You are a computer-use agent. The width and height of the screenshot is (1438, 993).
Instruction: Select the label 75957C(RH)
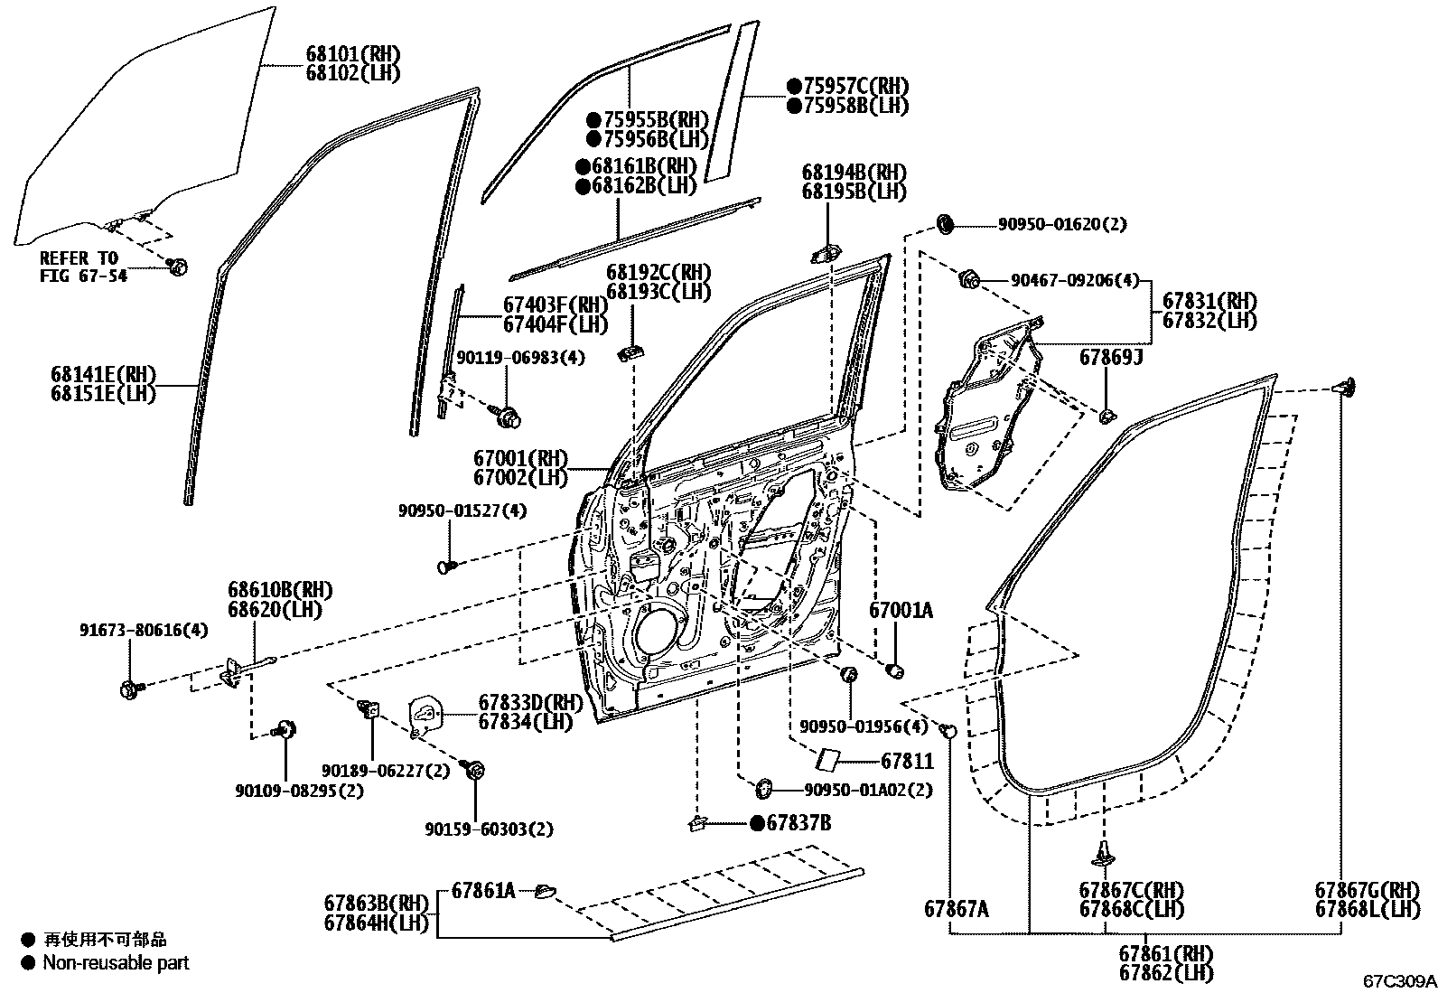tap(847, 86)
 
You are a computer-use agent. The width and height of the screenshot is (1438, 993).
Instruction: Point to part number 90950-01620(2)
tap(1062, 224)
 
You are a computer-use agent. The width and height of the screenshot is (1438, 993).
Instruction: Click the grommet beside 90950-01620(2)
tap(946, 222)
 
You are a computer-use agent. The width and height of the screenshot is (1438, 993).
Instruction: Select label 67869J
tap(1111, 359)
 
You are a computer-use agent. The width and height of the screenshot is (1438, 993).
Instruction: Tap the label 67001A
tap(901, 611)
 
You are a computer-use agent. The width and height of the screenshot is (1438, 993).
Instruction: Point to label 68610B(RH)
tap(280, 591)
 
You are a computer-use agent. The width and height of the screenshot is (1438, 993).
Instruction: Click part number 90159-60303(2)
tap(489, 829)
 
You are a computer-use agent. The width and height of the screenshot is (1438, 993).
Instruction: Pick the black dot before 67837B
tap(756, 823)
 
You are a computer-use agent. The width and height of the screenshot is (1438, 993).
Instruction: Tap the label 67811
tap(907, 762)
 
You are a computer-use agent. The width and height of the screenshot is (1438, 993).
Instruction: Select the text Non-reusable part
tap(116, 963)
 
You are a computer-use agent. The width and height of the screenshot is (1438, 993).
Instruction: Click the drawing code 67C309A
tap(1398, 980)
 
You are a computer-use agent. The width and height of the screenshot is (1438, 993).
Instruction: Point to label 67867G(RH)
tap(1367, 890)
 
